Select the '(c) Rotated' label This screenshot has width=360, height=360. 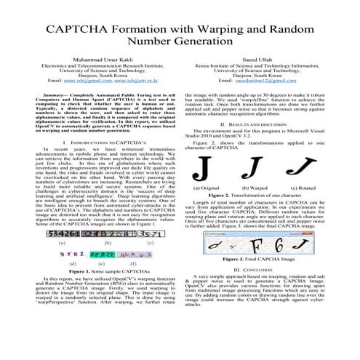coord(294,188)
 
